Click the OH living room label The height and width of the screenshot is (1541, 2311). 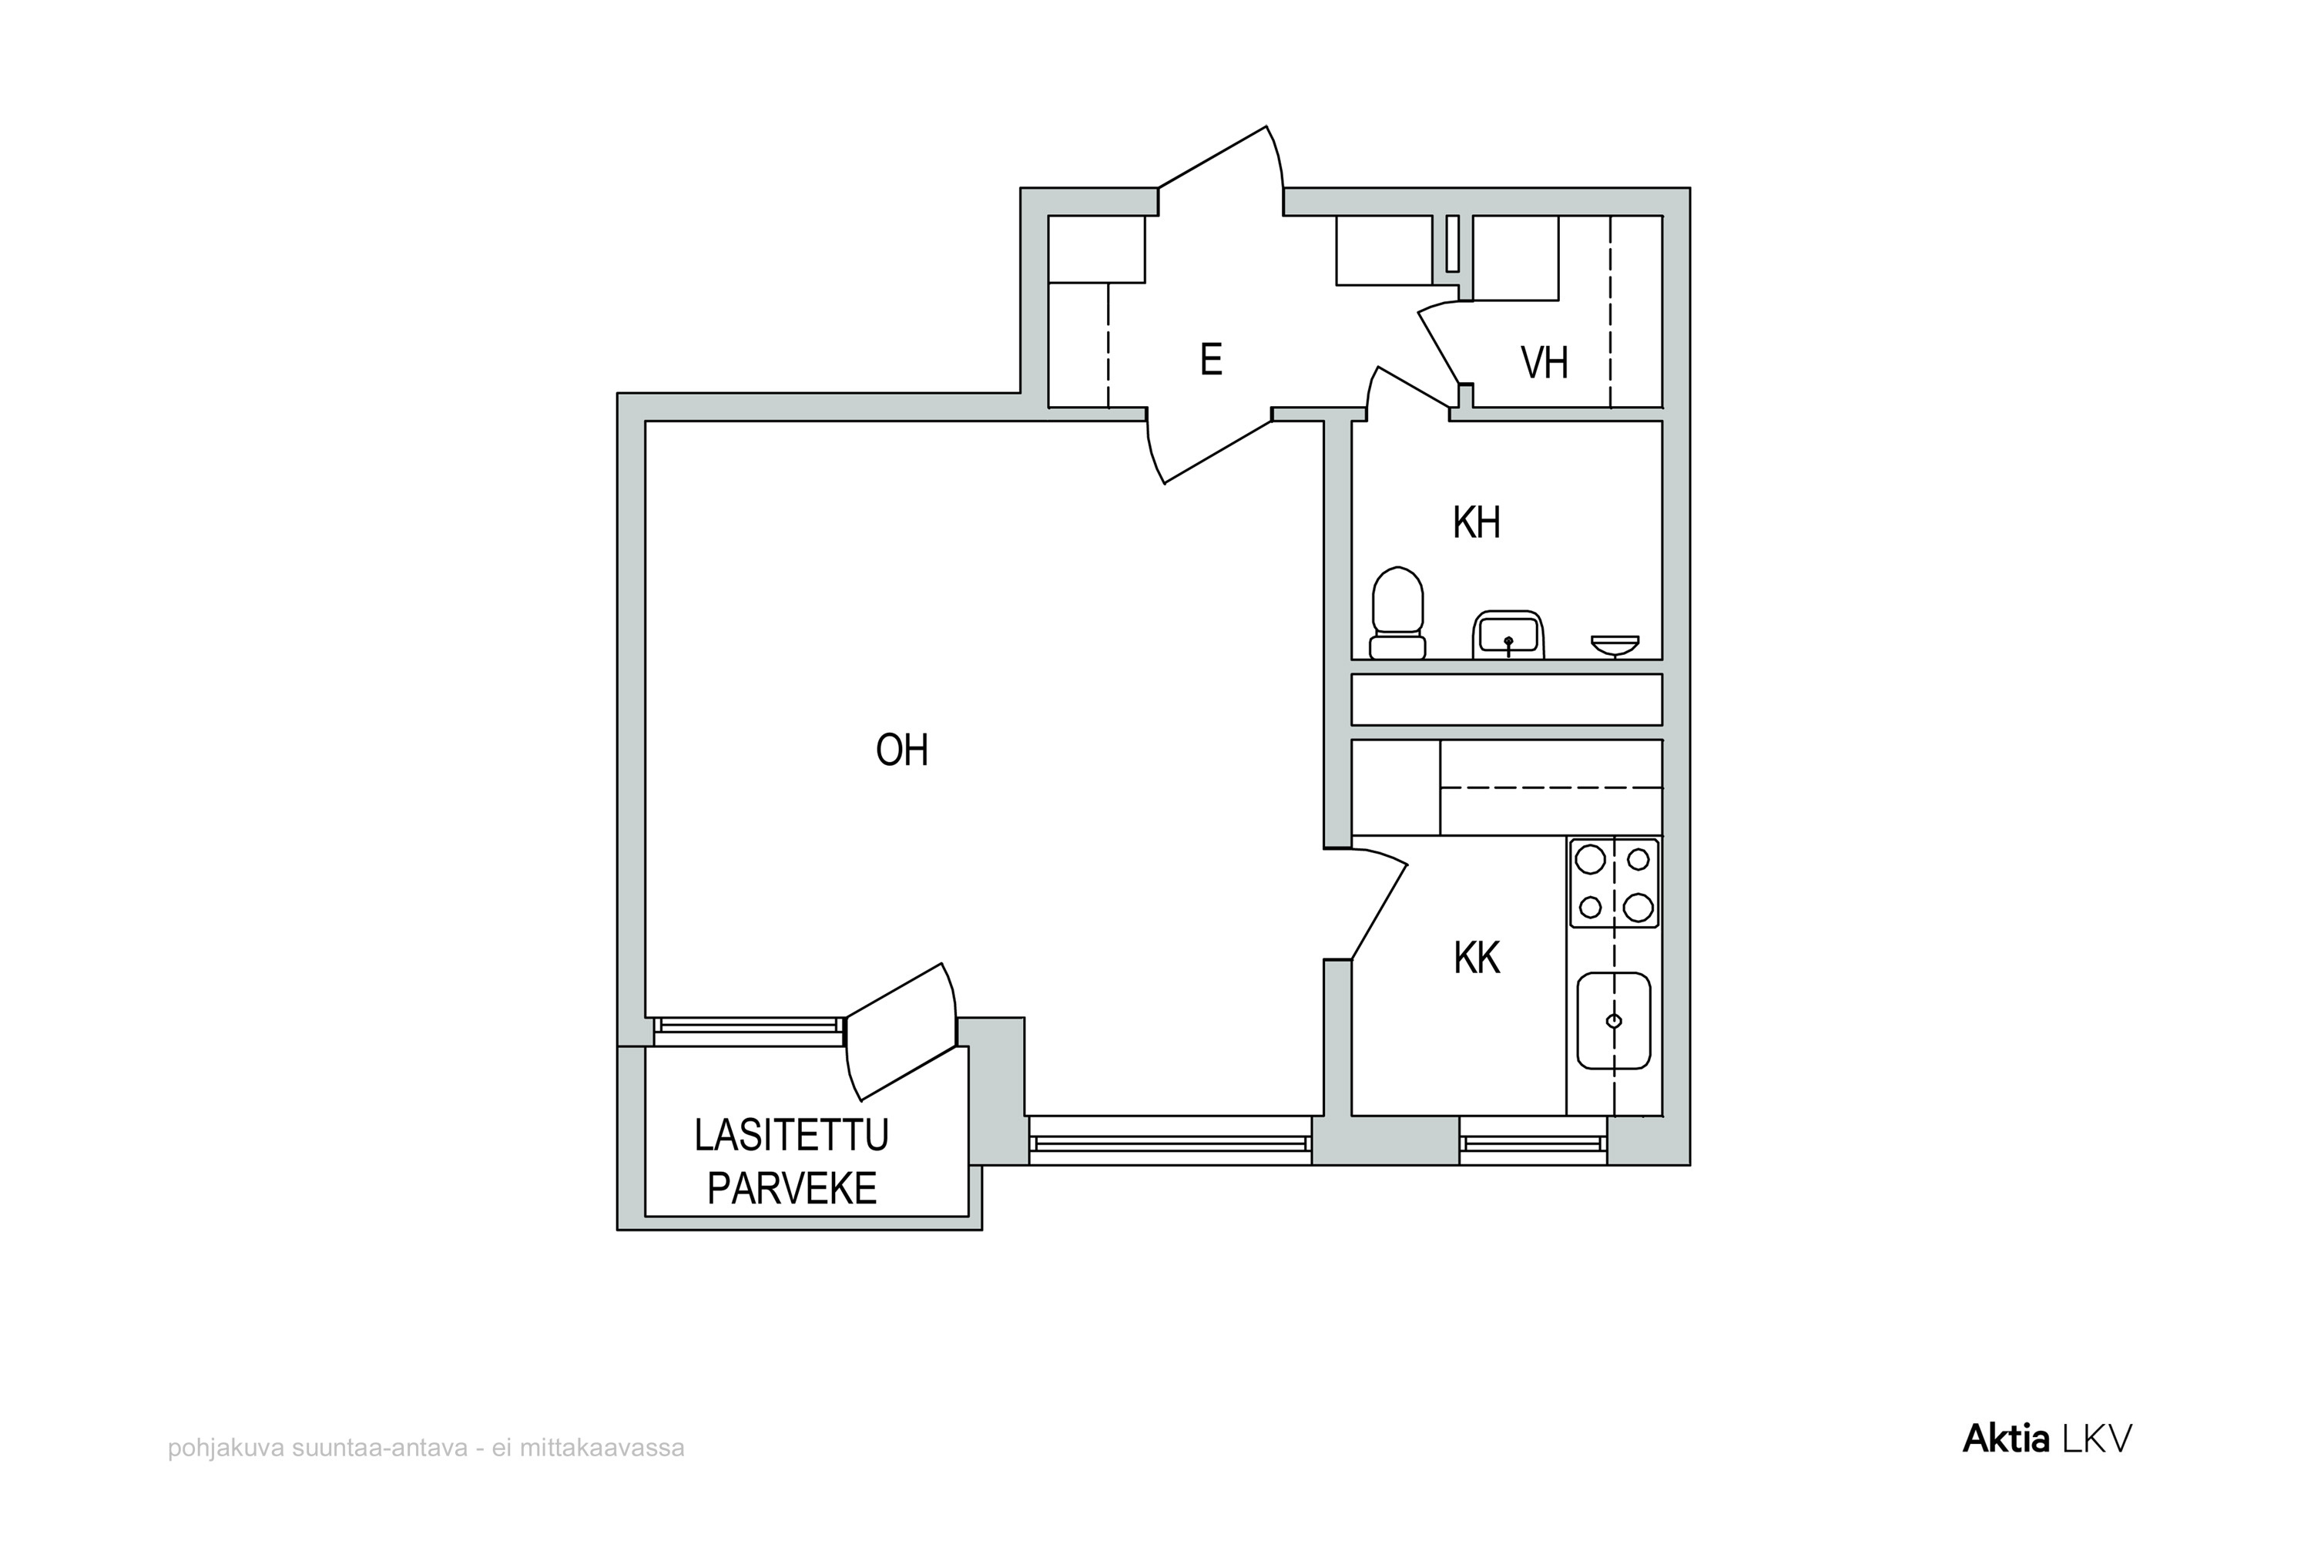902,750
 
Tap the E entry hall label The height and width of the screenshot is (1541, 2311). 1210,360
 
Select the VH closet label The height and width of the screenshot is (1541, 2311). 1544,363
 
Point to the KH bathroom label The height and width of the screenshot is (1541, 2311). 1476,523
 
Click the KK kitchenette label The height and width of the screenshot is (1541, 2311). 1477,959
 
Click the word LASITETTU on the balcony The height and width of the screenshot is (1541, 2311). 791,1136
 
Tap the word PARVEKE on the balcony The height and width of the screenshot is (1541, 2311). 792,1189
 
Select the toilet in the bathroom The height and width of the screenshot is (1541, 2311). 1397,613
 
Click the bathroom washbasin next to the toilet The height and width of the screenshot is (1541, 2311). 1508,635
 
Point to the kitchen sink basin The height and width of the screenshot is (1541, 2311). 1613,1021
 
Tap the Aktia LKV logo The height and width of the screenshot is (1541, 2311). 2048,1440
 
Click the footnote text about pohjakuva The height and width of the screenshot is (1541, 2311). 427,1449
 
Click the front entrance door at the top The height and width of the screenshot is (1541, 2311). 1221,170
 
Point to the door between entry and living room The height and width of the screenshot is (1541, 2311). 1209,446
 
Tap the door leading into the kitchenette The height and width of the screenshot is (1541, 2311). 1366,903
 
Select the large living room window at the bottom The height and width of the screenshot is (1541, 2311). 1170,1141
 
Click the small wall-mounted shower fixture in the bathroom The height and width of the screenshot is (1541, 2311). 1615,646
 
